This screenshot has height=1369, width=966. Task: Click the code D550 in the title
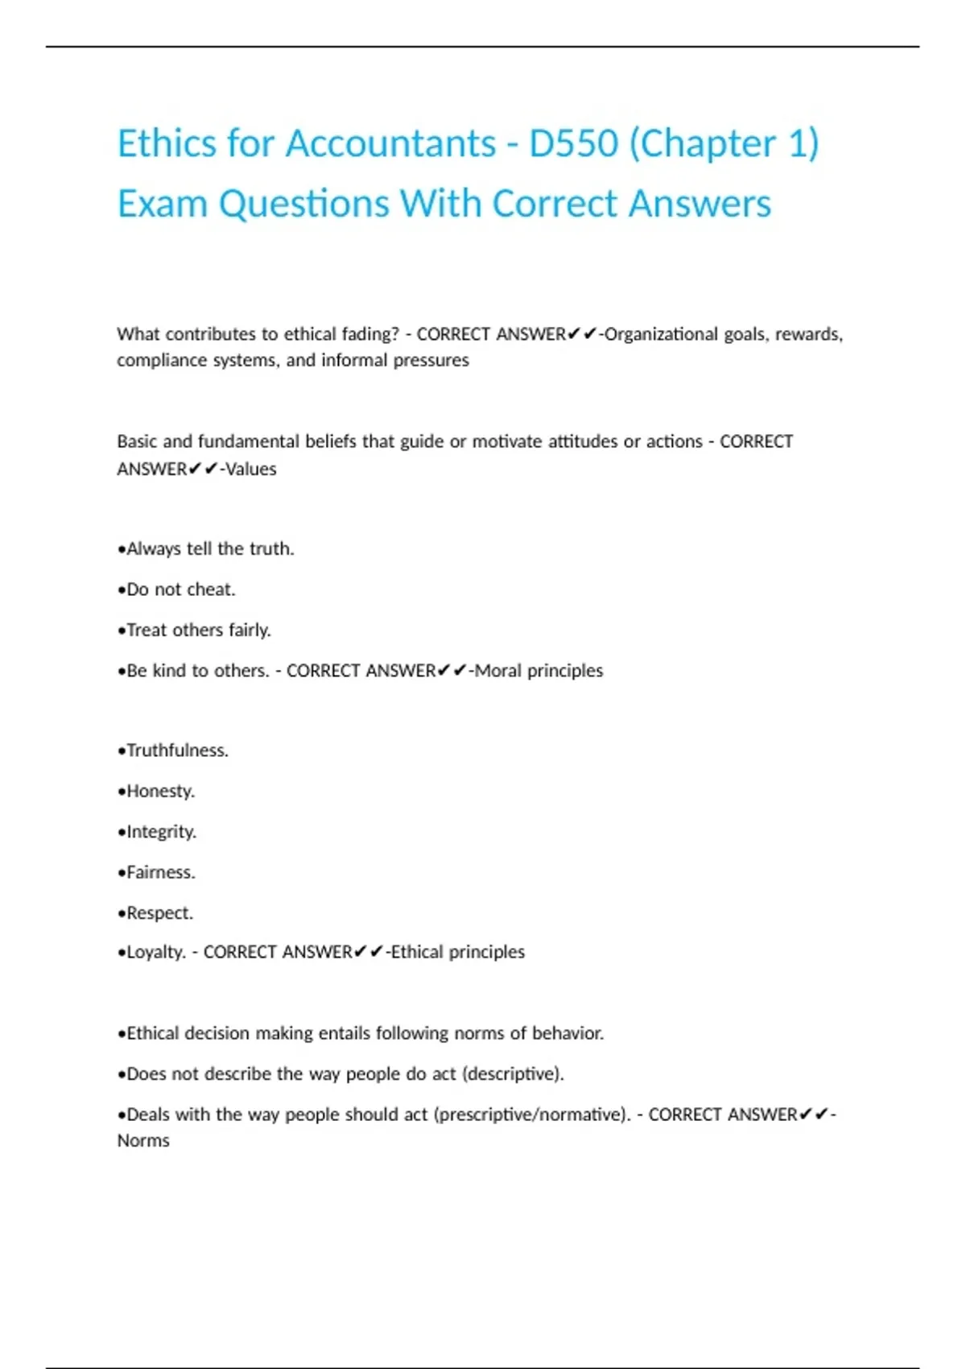point(573,144)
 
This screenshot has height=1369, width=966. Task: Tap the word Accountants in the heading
point(390,144)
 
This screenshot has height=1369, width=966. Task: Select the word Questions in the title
point(304,204)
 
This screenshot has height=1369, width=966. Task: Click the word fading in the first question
point(369,334)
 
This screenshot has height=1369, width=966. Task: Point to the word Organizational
point(661,334)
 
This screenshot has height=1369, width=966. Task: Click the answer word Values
point(250,469)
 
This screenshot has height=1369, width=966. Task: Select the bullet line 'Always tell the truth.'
point(206,549)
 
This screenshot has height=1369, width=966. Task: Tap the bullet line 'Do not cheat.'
point(176,589)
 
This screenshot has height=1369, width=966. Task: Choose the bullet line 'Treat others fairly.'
point(194,630)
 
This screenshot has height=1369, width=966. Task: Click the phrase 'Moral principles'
point(539,671)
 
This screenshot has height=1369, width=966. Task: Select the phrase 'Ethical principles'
point(457,953)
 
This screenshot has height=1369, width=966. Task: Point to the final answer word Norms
point(143,1141)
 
